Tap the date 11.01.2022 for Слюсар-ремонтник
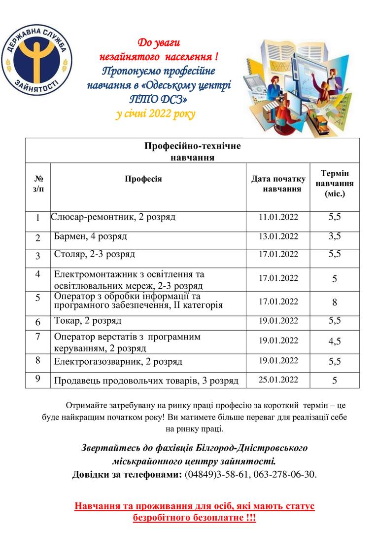click(x=278, y=217)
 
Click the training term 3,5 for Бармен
click(x=335, y=236)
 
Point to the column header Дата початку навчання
click(x=278, y=184)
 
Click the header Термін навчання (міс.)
click(x=335, y=184)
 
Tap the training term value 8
click(x=335, y=303)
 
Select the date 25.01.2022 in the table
click(x=278, y=380)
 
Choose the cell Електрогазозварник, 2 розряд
click(x=118, y=362)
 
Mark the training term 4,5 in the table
click(x=335, y=341)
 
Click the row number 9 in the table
click(x=38, y=380)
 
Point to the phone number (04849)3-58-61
click(x=217, y=475)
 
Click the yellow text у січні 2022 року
click(x=156, y=114)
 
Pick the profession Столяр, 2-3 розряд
click(x=95, y=255)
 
